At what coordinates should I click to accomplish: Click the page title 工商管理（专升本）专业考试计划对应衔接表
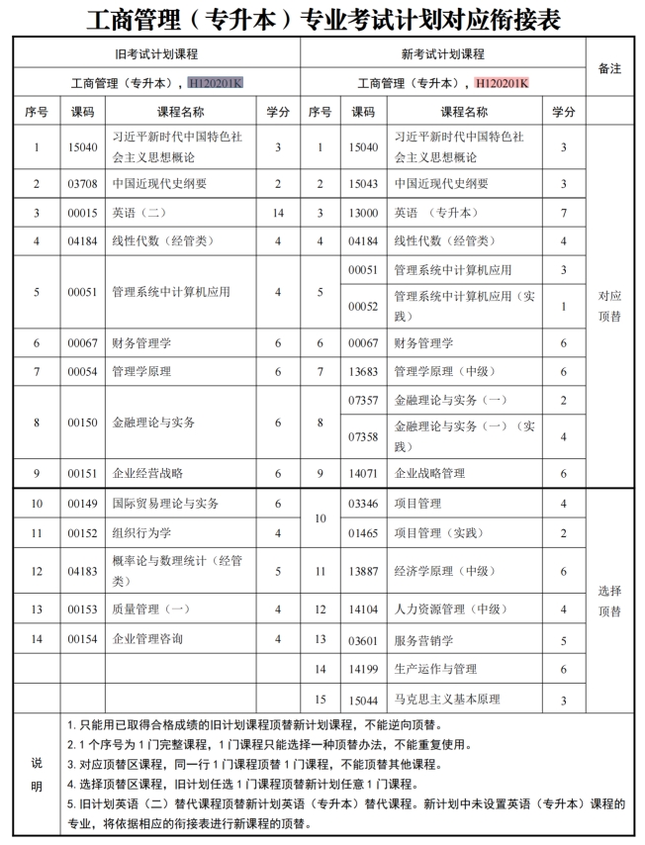(x=322, y=18)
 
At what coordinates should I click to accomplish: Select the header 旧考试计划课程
(x=156, y=53)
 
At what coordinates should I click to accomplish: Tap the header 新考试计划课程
(x=442, y=53)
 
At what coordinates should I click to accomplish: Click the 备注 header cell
(x=610, y=68)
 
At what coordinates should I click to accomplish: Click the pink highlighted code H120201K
(x=502, y=82)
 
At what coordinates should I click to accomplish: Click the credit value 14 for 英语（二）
(x=278, y=213)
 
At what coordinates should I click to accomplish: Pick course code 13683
(x=364, y=372)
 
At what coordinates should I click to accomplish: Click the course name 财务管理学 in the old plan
(x=141, y=343)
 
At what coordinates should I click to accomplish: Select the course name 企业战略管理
(x=429, y=474)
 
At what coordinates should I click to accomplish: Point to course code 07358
(x=364, y=436)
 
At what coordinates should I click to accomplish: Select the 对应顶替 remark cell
(x=610, y=306)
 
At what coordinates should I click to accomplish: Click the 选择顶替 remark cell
(x=610, y=601)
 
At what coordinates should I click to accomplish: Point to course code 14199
(x=364, y=670)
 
